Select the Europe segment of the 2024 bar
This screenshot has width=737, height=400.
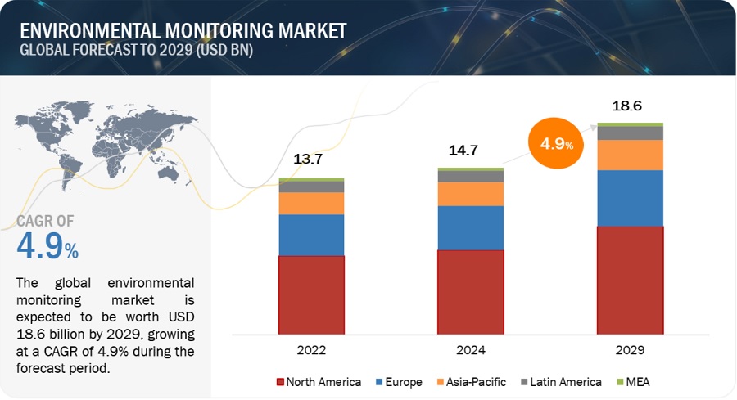point(470,227)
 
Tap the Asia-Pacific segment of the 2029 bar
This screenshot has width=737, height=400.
point(630,155)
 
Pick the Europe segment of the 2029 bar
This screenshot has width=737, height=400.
point(630,198)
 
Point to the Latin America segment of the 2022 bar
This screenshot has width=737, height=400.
point(311,187)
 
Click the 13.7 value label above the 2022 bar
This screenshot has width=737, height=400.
point(308,159)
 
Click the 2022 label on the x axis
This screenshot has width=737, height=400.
point(311,349)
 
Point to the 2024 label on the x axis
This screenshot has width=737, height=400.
point(470,349)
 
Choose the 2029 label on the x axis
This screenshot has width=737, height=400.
point(630,349)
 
